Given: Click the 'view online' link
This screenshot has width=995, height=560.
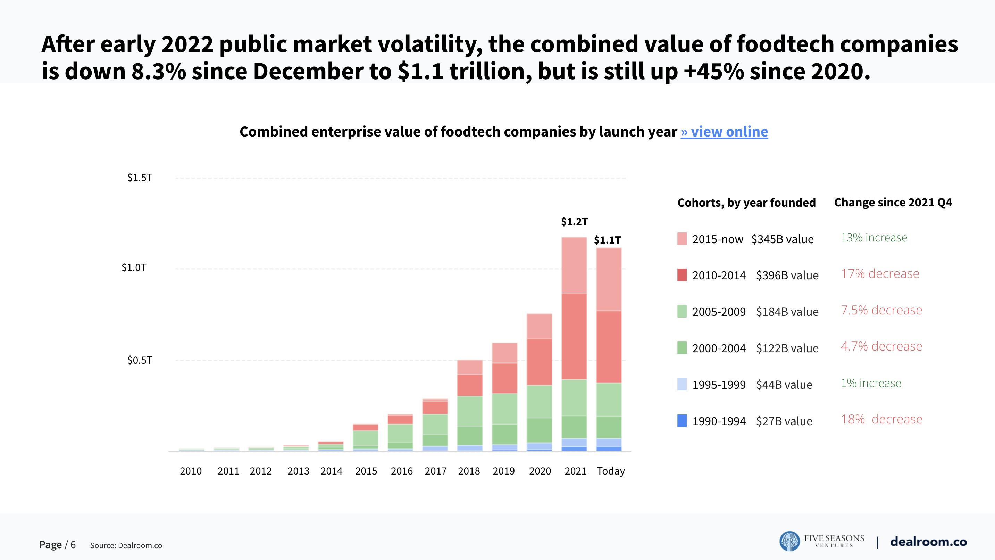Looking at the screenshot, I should pos(724,132).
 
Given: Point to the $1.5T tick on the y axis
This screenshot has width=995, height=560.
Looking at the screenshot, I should pos(140,178).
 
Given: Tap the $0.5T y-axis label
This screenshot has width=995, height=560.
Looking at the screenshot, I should pos(140,360).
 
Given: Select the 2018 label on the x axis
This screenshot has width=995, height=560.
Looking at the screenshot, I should pos(469,471).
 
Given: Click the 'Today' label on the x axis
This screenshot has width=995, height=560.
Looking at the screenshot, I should pos(611,471).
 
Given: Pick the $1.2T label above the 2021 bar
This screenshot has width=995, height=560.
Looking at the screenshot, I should pos(574,221).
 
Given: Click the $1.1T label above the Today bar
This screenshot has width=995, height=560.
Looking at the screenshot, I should pos(607,240).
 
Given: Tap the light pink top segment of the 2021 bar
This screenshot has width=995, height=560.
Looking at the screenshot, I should pos(574,265).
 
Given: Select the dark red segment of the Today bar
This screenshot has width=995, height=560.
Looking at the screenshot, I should pos(609,347).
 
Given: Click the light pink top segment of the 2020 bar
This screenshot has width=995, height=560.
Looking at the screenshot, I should pos(539,326).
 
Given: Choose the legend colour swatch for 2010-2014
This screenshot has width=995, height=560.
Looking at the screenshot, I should pos(682,275).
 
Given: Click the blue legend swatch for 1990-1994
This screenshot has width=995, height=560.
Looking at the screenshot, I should pos(682,420).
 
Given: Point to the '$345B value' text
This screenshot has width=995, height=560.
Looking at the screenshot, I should pos(783,239).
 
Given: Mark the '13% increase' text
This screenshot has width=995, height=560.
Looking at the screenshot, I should pos(874,237).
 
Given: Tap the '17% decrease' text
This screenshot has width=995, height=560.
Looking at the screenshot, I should pos(880,274).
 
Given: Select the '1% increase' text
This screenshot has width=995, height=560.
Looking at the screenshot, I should pos(871,383).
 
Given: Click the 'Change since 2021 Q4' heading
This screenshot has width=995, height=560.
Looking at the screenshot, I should pos(893,203).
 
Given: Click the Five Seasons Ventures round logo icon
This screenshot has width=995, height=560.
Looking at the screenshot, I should pos(789,541).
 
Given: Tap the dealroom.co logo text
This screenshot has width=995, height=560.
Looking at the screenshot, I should pos(928,542).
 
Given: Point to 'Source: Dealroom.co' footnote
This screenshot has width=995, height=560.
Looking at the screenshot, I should pos(126,545).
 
